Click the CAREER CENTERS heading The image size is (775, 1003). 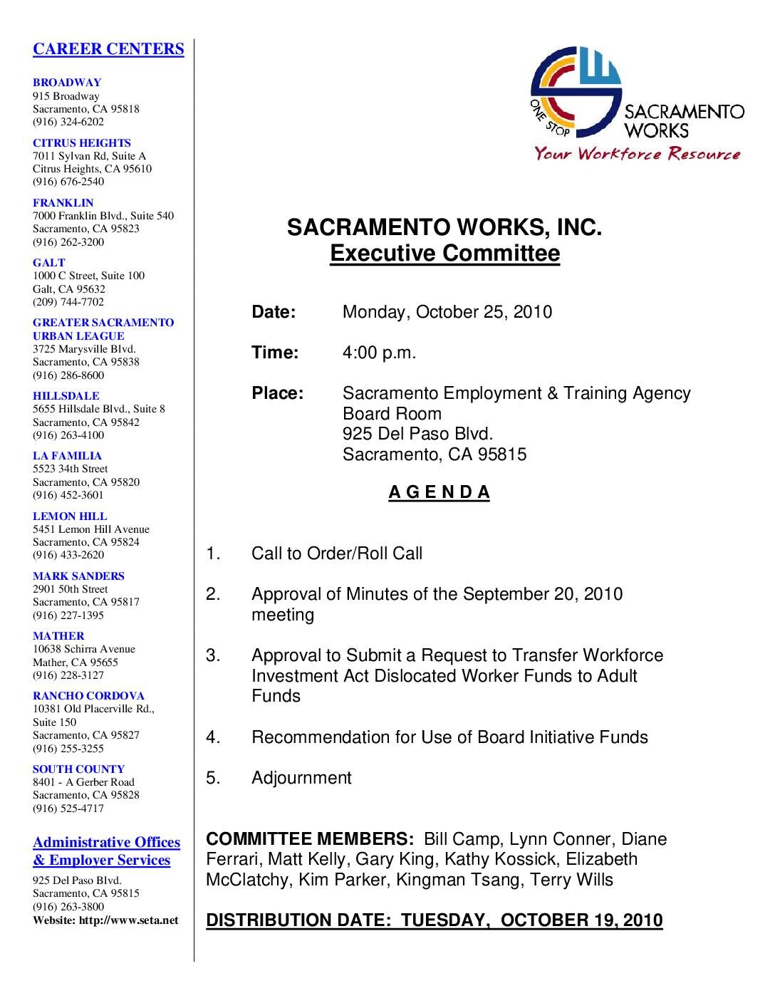(108, 49)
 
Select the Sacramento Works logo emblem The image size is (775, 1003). (576, 91)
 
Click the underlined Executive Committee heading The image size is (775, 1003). (444, 254)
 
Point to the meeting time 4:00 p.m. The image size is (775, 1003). (379, 353)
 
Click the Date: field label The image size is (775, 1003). (274, 312)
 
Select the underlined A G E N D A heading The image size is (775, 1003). (439, 493)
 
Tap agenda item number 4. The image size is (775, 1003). (213, 737)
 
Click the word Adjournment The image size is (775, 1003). (301, 778)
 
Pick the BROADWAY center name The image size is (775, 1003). (67, 83)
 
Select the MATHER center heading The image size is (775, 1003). (58, 636)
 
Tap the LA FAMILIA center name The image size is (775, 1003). (67, 456)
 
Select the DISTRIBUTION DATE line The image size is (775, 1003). (434, 920)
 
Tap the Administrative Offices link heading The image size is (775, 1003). (106, 843)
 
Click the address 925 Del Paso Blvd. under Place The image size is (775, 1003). (417, 434)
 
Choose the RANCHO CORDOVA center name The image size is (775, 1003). (88, 696)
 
